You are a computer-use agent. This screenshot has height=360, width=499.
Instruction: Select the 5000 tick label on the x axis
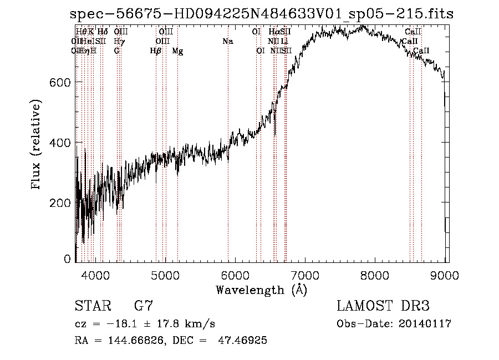[x=165, y=275]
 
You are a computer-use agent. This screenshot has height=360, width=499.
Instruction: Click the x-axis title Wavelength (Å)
[x=261, y=289]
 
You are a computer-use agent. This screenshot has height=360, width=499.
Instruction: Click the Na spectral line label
[x=227, y=42]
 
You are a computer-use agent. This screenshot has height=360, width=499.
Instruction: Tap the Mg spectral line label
[x=177, y=51]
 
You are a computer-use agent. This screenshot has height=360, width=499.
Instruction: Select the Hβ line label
[x=156, y=51]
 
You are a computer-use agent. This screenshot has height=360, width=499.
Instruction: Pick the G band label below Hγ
[x=116, y=51]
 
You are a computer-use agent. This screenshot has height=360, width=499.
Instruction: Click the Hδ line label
[x=103, y=32]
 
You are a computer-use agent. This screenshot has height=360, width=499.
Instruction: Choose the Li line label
[x=284, y=42]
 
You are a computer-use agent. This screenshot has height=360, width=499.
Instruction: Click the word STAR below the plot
[x=92, y=306]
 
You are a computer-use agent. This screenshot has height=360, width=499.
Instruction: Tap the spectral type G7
[x=144, y=306]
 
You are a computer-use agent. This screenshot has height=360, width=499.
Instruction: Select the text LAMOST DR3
[x=383, y=306]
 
